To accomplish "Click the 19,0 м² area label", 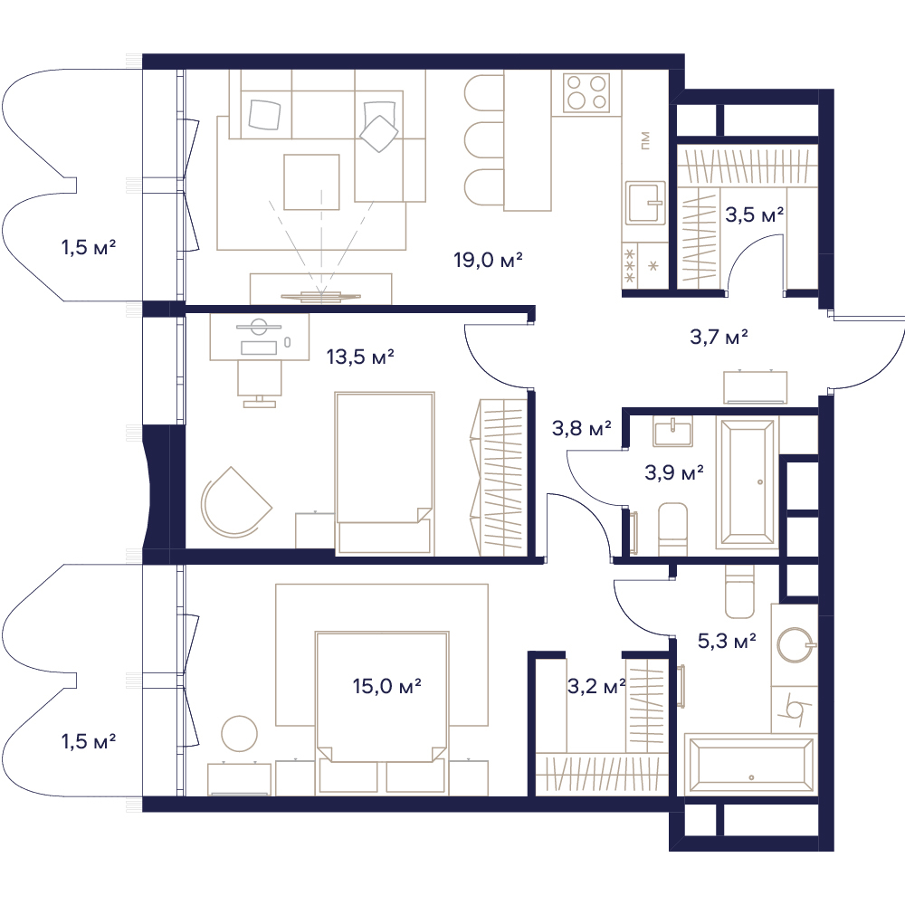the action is coord(489,261).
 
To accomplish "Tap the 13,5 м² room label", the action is coord(360,357).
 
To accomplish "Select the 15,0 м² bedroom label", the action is coord(386,686).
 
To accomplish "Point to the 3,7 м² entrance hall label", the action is coord(719,337).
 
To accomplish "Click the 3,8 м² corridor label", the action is coord(582,428).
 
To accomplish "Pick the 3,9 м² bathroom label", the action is coord(674,472).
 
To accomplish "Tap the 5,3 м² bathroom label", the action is coord(728,641).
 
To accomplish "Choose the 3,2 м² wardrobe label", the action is coord(596,686).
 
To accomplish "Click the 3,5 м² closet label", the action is coord(755,214).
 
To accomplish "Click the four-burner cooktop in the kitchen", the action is coord(586,92).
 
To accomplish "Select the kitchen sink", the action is coord(646,203).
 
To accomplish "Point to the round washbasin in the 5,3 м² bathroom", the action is coord(795,645).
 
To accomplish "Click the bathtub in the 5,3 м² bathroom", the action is coord(750,762).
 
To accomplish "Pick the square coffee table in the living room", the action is coord(311,183).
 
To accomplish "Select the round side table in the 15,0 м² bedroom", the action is coord(240,734).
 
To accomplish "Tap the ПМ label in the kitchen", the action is coord(645,140).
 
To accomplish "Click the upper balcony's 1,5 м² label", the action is coord(89,248).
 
